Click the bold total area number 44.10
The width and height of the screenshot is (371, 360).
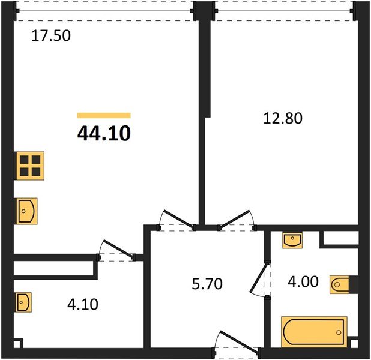click(104, 133)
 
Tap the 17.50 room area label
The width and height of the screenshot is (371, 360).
click(51, 36)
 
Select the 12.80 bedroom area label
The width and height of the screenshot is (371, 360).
click(283, 118)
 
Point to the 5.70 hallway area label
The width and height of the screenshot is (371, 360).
click(207, 284)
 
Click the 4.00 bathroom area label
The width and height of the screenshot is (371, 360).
click(303, 282)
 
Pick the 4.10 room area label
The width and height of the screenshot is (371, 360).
click(83, 304)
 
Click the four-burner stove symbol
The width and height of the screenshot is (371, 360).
click(30, 166)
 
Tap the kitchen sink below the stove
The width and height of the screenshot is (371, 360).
click(27, 211)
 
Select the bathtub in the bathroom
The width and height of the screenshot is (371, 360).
click(314, 332)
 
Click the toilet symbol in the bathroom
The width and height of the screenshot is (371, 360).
click(339, 284)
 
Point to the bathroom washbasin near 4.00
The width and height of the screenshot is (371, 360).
click(292, 241)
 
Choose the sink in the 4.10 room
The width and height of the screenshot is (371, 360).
click(23, 302)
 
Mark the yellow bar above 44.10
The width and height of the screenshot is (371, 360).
click(104, 115)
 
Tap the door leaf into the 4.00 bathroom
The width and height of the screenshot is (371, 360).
click(259, 277)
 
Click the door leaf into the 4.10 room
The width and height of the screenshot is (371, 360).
click(118, 249)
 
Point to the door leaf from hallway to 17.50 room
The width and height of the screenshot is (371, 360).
click(179, 219)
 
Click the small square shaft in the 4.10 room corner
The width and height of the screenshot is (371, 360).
click(17, 344)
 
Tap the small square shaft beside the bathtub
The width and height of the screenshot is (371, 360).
click(354, 344)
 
